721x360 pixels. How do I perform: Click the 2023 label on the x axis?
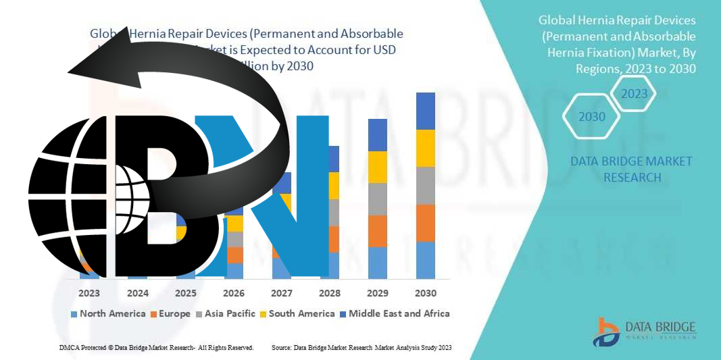pos(89,293)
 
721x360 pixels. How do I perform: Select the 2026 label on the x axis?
pos(234,293)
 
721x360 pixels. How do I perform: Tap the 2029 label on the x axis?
pos(377,293)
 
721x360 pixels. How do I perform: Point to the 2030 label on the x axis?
pos(425,293)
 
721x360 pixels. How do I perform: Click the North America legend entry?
pos(108,313)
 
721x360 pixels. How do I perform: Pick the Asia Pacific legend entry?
pos(226,313)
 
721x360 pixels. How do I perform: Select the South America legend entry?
pos(297,313)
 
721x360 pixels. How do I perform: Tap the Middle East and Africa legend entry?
pos(394,313)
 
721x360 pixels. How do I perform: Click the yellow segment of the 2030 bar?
pos(425,148)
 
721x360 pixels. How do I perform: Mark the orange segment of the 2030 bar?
pos(425,223)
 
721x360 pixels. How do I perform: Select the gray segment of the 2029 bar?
pos(377,199)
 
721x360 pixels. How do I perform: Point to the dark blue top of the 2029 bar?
pos(377,135)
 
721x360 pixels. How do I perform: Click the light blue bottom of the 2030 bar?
pos(425,260)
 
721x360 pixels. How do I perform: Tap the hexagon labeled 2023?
pos(635,94)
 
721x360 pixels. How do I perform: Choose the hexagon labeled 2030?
pos(592,117)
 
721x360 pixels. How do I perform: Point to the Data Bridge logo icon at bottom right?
pos(606,332)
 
